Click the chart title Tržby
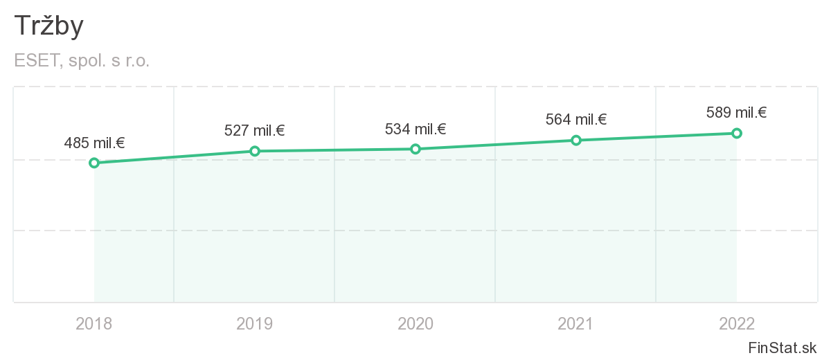tap(48, 26)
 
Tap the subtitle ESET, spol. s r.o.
tap(82, 61)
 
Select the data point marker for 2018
tap(94, 163)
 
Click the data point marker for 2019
tap(255, 151)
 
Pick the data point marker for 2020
tap(415, 149)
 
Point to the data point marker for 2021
tap(576, 141)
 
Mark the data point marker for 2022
tap(737, 133)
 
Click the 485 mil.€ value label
tap(94, 143)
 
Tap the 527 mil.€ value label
tap(255, 130)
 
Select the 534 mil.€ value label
tap(415, 129)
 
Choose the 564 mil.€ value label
tap(576, 119)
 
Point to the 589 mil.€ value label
tap(737, 112)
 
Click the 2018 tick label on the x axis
tap(94, 323)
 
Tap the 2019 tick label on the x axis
tap(255, 323)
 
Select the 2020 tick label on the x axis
tap(415, 323)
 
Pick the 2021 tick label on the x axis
tap(576, 323)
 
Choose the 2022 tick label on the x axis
tap(737, 323)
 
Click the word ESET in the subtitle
tap(37, 61)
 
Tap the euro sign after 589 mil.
tap(762, 112)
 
